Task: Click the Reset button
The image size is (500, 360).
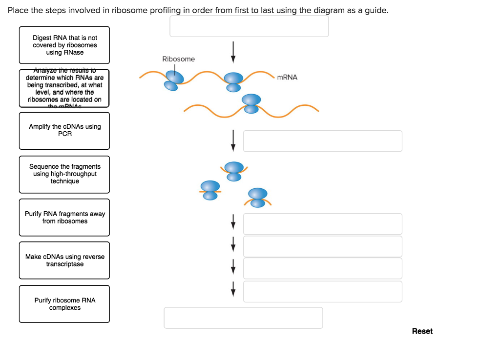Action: coord(422,331)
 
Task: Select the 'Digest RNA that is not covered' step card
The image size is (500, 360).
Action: coord(64,45)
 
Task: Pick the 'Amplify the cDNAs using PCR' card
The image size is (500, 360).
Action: coord(64,131)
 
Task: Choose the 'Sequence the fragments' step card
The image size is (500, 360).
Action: coord(64,174)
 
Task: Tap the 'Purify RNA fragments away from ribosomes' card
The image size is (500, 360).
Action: coord(64,218)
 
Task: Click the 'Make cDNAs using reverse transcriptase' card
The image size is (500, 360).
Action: coord(64,260)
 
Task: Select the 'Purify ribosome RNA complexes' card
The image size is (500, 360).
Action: coord(64,304)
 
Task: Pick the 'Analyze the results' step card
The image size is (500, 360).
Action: coord(64,88)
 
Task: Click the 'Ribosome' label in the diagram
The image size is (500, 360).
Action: coord(178,59)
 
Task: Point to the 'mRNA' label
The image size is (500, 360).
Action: coord(287,77)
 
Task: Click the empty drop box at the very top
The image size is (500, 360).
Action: coord(249,26)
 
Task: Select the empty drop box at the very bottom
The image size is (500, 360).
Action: coord(243,318)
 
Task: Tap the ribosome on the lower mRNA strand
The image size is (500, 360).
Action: coord(251,104)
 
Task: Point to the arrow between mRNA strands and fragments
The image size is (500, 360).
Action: coord(233,140)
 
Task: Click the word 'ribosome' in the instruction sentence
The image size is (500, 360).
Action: coord(126,10)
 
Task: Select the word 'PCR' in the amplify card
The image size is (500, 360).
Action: coord(65,134)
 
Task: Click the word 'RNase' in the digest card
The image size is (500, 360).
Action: coord(74,53)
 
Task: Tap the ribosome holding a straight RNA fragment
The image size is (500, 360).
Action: coord(210,190)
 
